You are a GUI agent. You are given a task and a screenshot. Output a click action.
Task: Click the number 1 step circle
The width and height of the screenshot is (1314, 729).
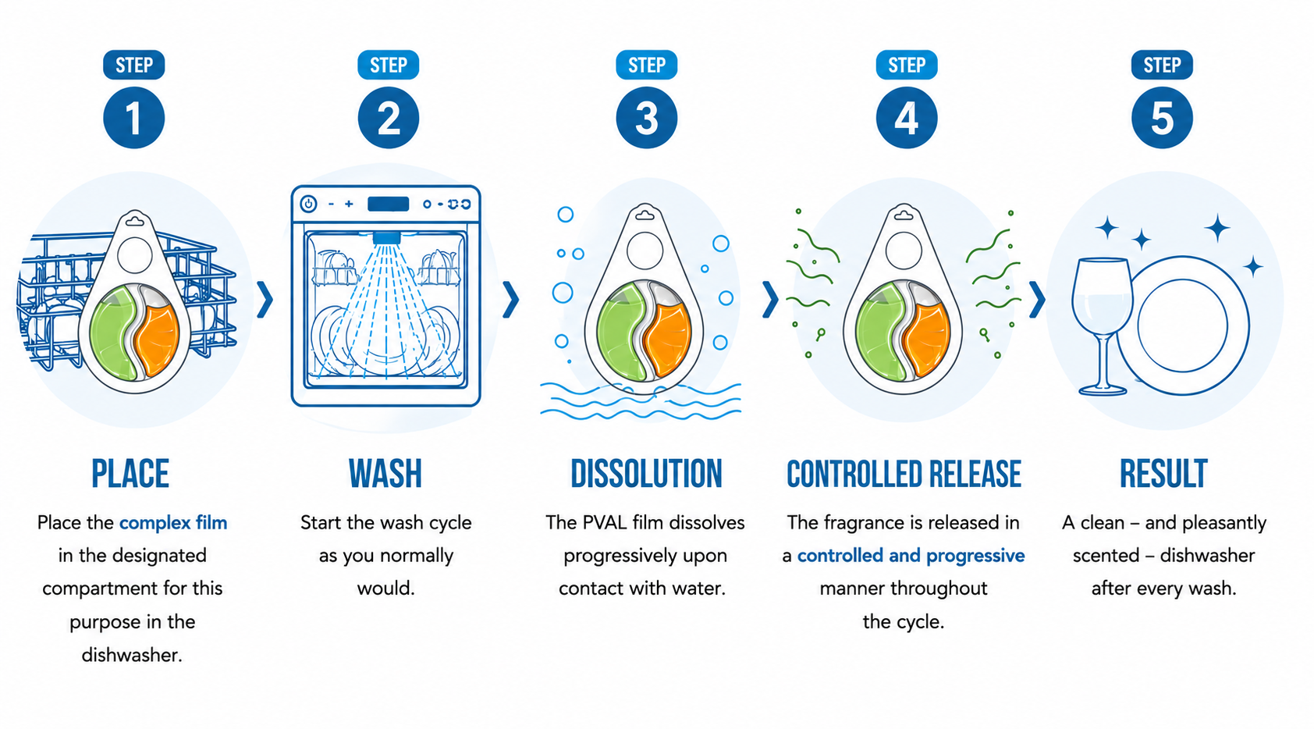133,117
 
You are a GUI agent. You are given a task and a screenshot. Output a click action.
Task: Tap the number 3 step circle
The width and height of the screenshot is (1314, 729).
646,117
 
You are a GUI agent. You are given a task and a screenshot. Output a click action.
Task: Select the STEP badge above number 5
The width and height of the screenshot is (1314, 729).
1162,65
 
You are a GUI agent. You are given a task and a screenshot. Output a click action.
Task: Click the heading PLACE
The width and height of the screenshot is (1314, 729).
130,474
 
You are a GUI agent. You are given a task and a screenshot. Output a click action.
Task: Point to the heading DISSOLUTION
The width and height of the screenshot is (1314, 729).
646,474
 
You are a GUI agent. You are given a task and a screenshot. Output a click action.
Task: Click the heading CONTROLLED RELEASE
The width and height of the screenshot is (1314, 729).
904,474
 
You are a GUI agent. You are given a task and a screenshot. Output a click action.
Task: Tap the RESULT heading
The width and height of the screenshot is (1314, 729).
1163,474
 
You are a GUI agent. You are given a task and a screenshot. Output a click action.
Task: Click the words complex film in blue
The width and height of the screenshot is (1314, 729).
173,522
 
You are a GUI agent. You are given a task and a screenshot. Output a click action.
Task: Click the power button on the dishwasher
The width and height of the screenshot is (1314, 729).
308,204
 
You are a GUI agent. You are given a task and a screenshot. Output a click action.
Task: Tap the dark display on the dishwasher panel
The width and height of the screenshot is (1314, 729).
389,204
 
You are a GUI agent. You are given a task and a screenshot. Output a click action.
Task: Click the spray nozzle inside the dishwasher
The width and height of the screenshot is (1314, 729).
386,238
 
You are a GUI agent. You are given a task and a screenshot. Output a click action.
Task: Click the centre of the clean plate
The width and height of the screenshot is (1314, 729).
1182,325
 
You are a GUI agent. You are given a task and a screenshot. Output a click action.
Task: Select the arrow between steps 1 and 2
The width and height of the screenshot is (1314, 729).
265,300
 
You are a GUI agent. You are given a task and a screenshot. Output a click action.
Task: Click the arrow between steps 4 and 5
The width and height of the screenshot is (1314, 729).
1037,300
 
